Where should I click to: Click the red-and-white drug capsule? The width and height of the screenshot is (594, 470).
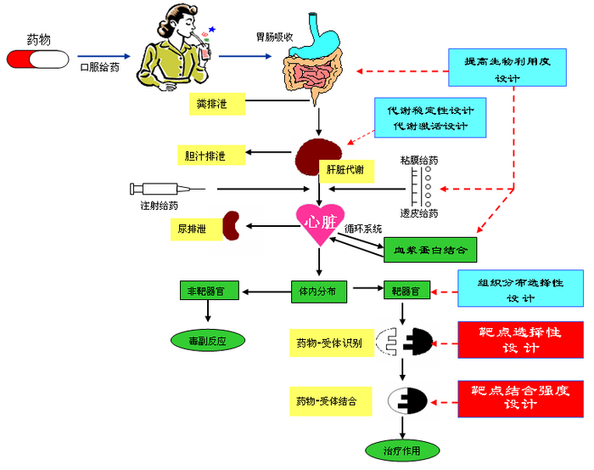pyautogui.click(x=38, y=59)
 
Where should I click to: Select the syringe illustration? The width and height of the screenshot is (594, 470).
pyautogui.click(x=166, y=189)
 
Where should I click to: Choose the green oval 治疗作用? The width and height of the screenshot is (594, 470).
pyautogui.click(x=393, y=450)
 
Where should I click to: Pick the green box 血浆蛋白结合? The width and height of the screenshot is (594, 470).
pyautogui.click(x=430, y=249)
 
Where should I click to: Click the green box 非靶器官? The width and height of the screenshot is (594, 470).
pyautogui.click(x=206, y=291)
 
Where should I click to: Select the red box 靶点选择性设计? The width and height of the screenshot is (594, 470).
pyautogui.click(x=520, y=339)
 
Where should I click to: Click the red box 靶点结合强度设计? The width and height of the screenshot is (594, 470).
pyautogui.click(x=520, y=397)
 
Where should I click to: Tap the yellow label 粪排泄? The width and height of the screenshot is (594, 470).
pyautogui.click(x=216, y=105)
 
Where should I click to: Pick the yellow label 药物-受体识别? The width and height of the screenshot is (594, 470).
pyautogui.click(x=329, y=343)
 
